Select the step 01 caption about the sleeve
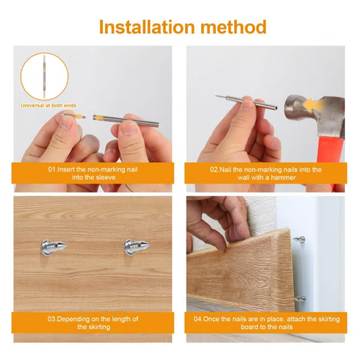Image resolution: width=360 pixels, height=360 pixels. coord(93,173)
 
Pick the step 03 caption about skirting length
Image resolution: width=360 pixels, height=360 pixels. coord(93,322)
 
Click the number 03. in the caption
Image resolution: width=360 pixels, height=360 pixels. coord(53,318)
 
